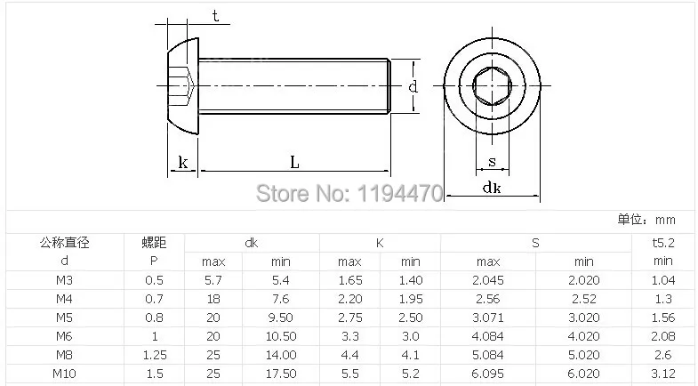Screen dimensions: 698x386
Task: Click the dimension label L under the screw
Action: [x=294, y=162]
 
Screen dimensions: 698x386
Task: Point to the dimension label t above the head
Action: [x=215, y=16]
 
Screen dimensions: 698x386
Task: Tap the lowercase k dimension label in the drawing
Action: [x=183, y=162]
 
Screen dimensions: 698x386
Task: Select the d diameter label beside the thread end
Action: [x=413, y=86]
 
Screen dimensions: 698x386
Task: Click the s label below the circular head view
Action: [x=492, y=161]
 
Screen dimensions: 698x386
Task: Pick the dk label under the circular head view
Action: [x=492, y=187]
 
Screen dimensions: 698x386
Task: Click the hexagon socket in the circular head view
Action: [x=492, y=86]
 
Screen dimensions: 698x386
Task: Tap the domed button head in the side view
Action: [x=183, y=86]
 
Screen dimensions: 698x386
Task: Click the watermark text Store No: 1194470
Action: [x=349, y=193]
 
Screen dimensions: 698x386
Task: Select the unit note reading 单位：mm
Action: [x=646, y=220]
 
